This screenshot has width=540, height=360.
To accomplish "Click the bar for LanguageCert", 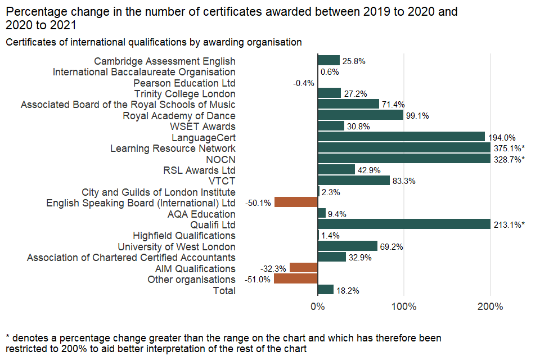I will pos(401,137).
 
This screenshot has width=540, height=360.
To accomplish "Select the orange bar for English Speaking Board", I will pos(296,202).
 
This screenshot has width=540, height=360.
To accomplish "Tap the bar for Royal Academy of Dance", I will pos(361,115).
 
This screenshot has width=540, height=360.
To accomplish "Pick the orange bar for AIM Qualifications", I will pos(304,268).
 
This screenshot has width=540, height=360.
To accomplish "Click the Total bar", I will pos(326,290).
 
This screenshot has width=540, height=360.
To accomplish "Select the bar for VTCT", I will pos(354,181).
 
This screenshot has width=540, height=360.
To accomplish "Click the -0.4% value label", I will pos(303,83).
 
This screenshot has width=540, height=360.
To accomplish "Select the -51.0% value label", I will pos(258,280).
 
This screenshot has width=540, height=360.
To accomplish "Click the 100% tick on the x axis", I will pos(404,307).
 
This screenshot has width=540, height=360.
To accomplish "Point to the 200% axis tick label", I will pos(490,307).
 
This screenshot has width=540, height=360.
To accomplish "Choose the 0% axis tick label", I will pos(318,307).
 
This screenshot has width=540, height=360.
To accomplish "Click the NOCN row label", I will pos(221,159).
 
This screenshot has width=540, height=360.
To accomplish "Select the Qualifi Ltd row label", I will pos(213,224).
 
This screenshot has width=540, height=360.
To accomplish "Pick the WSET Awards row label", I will pos(202,126).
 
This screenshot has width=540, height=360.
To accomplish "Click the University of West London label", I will pos(177,246).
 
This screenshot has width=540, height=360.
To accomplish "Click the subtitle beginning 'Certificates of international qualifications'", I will pos(154,42).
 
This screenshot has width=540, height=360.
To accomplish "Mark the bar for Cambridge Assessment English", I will pos(328,61).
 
